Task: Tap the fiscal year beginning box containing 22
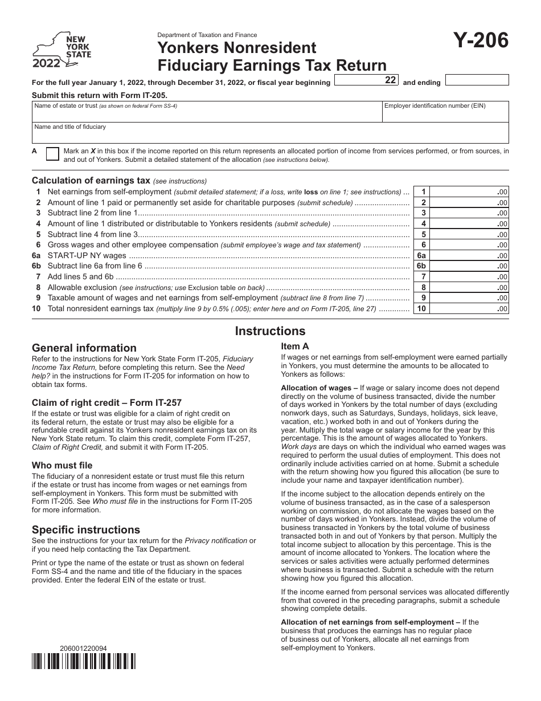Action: coord(367,81)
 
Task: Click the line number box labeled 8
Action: coord(421,288)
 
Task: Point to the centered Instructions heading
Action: coord(270,331)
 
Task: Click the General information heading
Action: coord(84,348)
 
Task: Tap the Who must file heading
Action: coord(62,465)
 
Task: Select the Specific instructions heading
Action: coord(86,529)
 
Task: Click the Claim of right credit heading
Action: coord(106,402)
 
